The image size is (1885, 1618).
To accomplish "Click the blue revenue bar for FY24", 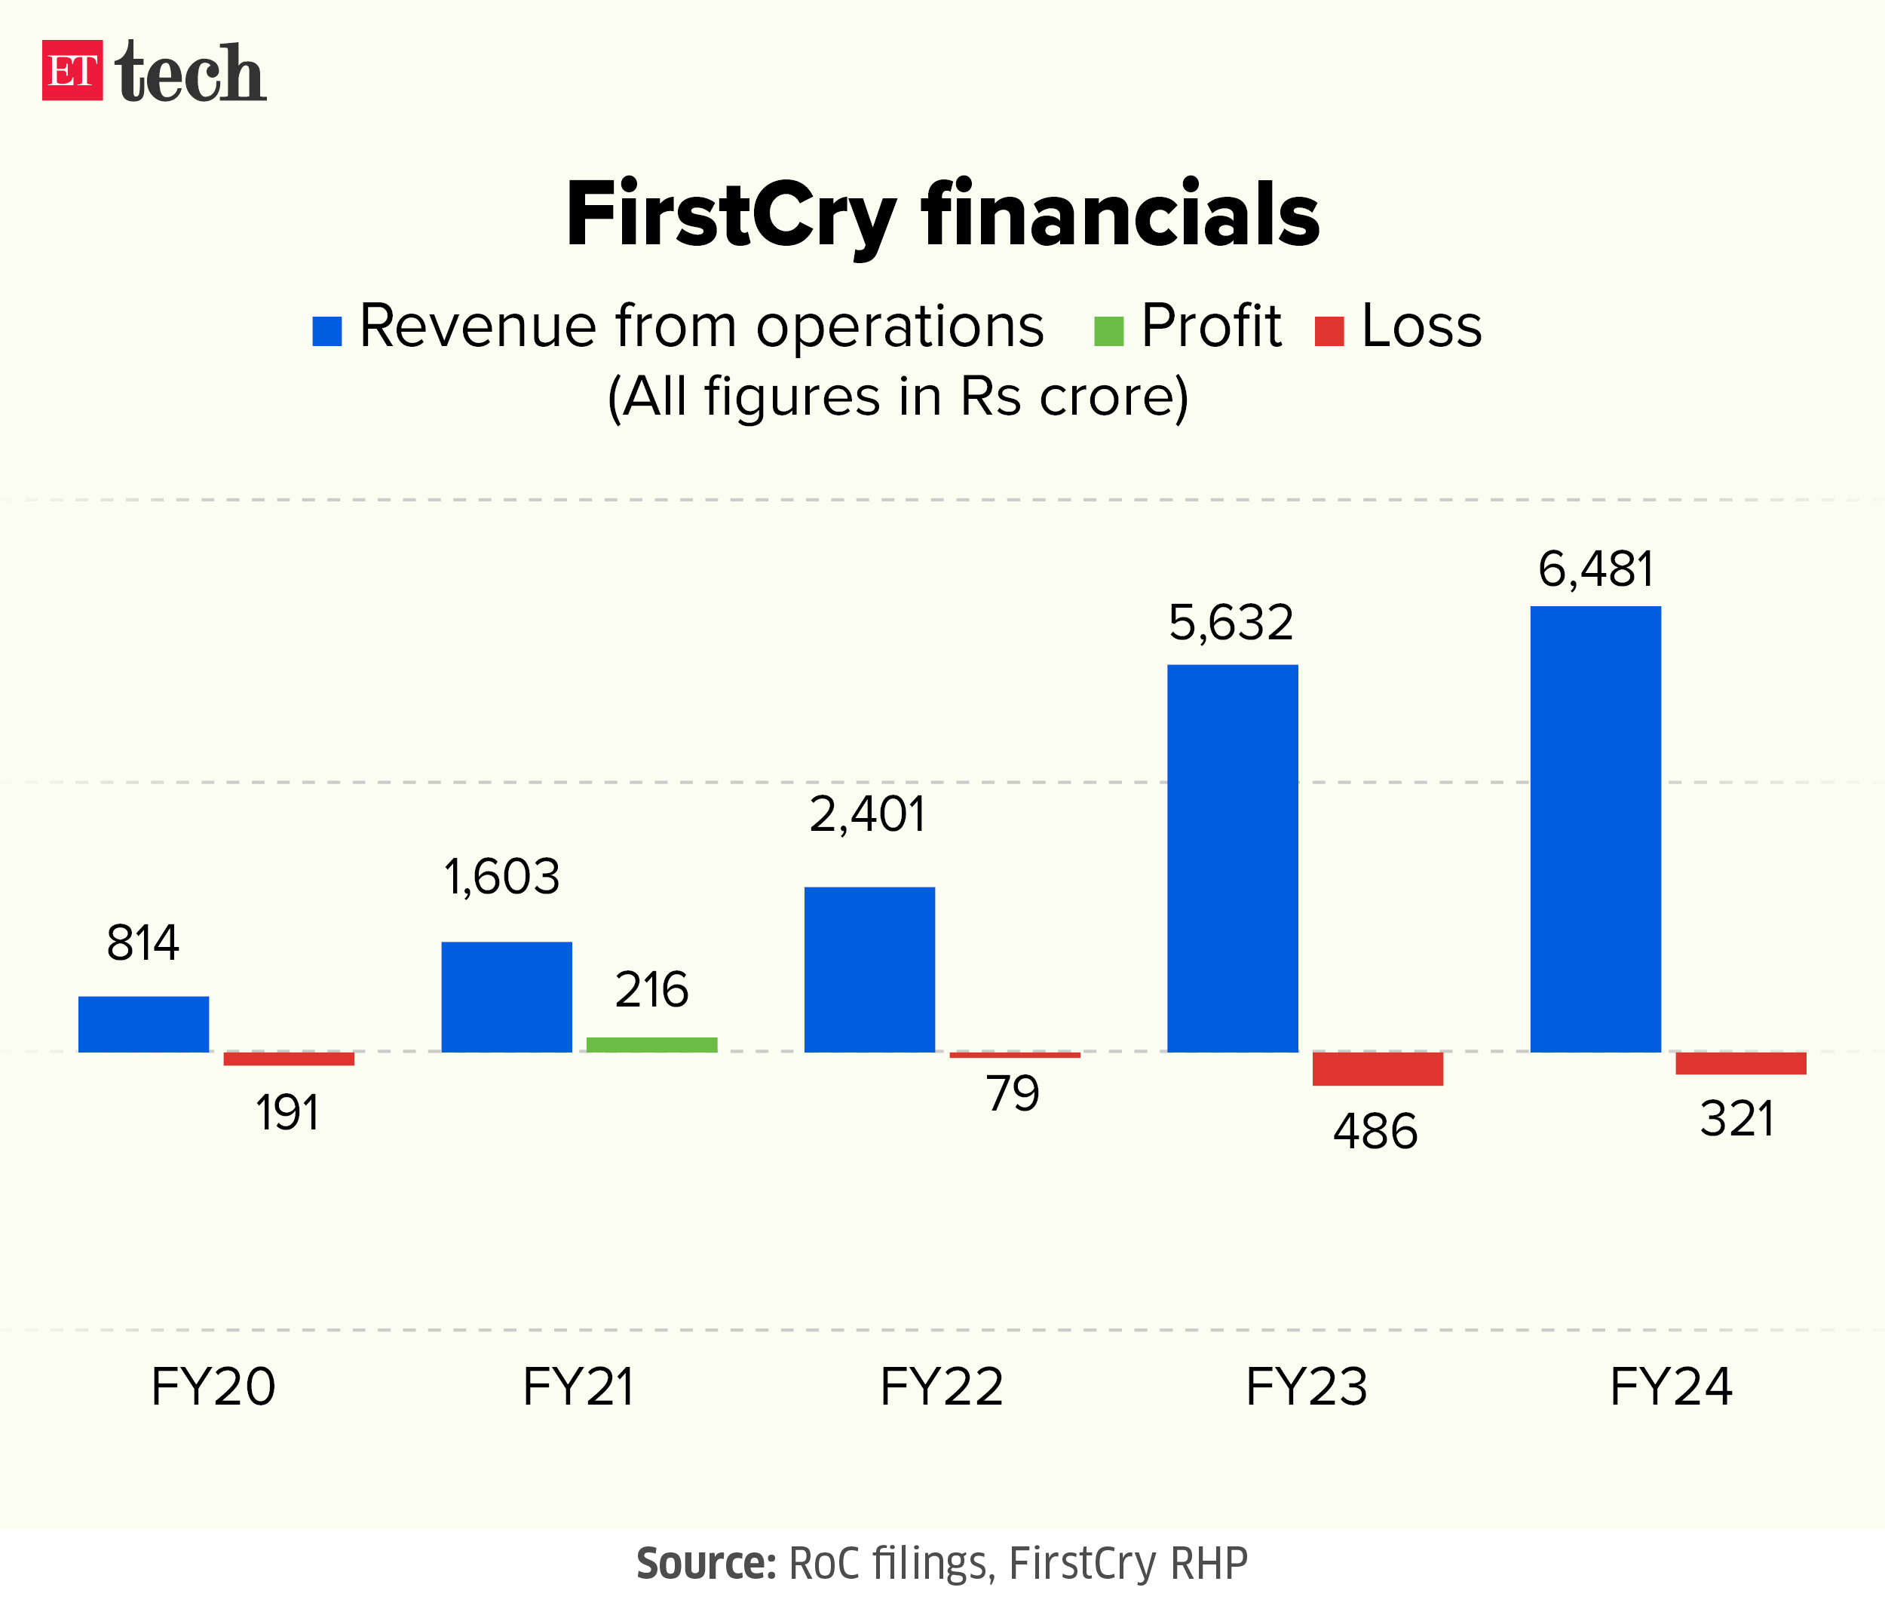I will [x=1595, y=829].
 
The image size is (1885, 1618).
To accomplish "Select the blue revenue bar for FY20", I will [x=144, y=1024].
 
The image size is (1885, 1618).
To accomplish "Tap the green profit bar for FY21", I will [x=651, y=1044].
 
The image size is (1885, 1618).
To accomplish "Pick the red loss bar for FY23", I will [x=1378, y=1068].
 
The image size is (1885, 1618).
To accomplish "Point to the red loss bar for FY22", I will [x=1014, y=1055].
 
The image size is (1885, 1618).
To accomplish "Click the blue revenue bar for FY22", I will [x=869, y=970].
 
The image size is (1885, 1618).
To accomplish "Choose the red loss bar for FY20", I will [x=288, y=1059].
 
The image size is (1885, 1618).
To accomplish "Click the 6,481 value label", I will [x=1595, y=570].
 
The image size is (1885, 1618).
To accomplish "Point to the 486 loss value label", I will [x=1375, y=1132].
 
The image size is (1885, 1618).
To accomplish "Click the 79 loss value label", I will [x=1013, y=1093].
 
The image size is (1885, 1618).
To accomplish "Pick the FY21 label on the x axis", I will [x=578, y=1387].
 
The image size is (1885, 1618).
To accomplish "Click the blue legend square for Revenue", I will [x=326, y=331].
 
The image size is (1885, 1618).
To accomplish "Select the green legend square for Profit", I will [x=1108, y=331].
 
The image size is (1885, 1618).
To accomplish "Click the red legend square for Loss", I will [x=1329, y=331].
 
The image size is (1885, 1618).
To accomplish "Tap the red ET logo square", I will [x=72, y=70].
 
